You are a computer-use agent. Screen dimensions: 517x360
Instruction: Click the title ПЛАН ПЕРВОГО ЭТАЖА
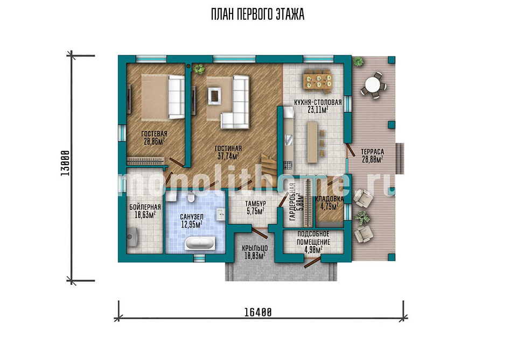coord(257,15)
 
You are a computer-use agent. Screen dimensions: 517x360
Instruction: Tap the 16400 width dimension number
coord(258,312)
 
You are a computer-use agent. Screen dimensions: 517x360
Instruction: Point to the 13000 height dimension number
coord(65,163)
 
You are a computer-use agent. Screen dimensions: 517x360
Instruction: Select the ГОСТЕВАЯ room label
coord(155,134)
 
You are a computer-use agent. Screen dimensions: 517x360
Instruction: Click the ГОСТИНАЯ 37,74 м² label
coord(228,152)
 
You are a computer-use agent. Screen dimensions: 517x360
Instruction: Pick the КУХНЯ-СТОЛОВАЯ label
coord(318,102)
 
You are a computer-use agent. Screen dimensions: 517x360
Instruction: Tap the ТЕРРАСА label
coord(372,152)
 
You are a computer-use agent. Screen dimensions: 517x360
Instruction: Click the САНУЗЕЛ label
coord(192,217)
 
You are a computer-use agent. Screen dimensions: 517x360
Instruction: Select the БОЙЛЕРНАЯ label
coord(145,207)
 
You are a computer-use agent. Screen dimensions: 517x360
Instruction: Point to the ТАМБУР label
coord(255,204)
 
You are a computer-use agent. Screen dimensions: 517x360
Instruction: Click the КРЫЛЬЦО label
coord(255,248)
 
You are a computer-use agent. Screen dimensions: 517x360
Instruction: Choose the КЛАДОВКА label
coord(330,199)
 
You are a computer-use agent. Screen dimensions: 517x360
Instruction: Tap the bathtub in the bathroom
coord(200,243)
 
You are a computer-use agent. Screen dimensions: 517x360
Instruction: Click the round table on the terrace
coord(373,85)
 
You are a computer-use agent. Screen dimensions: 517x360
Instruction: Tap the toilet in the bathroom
coord(191,197)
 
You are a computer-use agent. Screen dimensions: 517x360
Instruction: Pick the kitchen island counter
coord(312,142)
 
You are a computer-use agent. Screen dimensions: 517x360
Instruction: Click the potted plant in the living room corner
coord(199,69)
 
